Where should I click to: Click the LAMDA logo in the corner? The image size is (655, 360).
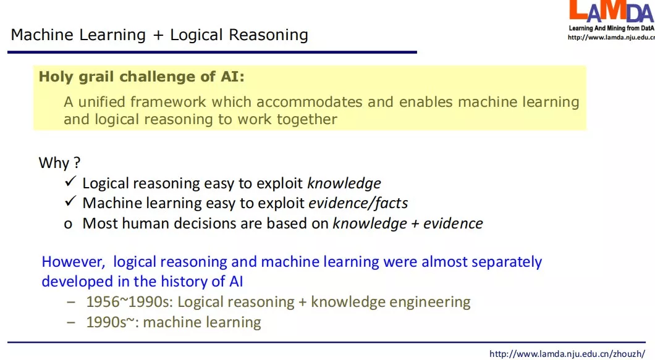tap(610, 12)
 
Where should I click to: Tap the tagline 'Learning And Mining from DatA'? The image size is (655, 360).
tap(611, 28)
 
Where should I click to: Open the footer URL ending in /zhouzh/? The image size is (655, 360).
tap(567, 354)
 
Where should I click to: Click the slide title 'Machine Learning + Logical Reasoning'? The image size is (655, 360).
tap(159, 35)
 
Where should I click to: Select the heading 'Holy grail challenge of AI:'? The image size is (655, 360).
tap(142, 77)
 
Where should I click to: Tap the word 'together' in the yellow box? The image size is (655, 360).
tap(306, 119)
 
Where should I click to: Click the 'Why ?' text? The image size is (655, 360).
tap(59, 163)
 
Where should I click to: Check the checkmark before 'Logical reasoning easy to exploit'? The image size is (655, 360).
tap(70, 182)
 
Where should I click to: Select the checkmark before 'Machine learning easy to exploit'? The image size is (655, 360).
tap(70, 202)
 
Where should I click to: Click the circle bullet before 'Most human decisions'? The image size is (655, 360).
tap(69, 224)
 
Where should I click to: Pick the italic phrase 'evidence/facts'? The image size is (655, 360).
tap(358, 203)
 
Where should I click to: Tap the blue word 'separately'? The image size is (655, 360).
tap(506, 262)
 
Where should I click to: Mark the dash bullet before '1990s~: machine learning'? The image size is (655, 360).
tap(72, 322)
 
